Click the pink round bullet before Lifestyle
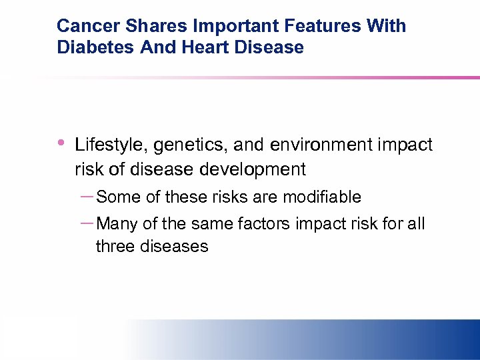(x=61, y=141)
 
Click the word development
(x=253, y=169)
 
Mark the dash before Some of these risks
(x=86, y=195)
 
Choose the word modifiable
(x=322, y=197)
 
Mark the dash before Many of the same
(x=86, y=222)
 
